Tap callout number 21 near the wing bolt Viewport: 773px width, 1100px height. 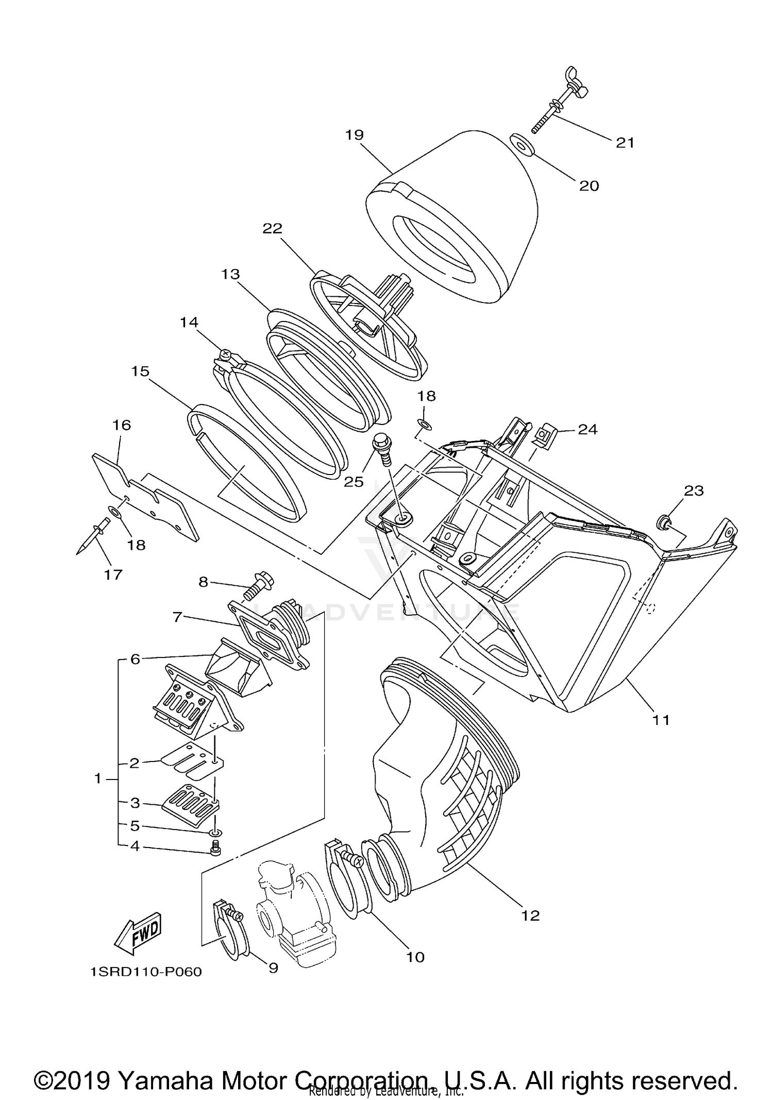coord(625,143)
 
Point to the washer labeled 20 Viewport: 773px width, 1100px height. coord(522,145)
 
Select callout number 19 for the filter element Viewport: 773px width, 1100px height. coord(355,135)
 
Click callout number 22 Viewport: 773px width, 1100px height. coord(273,228)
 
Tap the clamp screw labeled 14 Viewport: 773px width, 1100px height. coord(225,354)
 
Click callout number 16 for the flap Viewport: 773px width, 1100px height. coord(122,425)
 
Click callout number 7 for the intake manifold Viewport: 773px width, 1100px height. coord(177,616)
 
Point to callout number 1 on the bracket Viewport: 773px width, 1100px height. coord(98,779)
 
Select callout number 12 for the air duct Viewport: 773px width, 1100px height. coord(530,916)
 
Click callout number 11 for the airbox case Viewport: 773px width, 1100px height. coord(661,720)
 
